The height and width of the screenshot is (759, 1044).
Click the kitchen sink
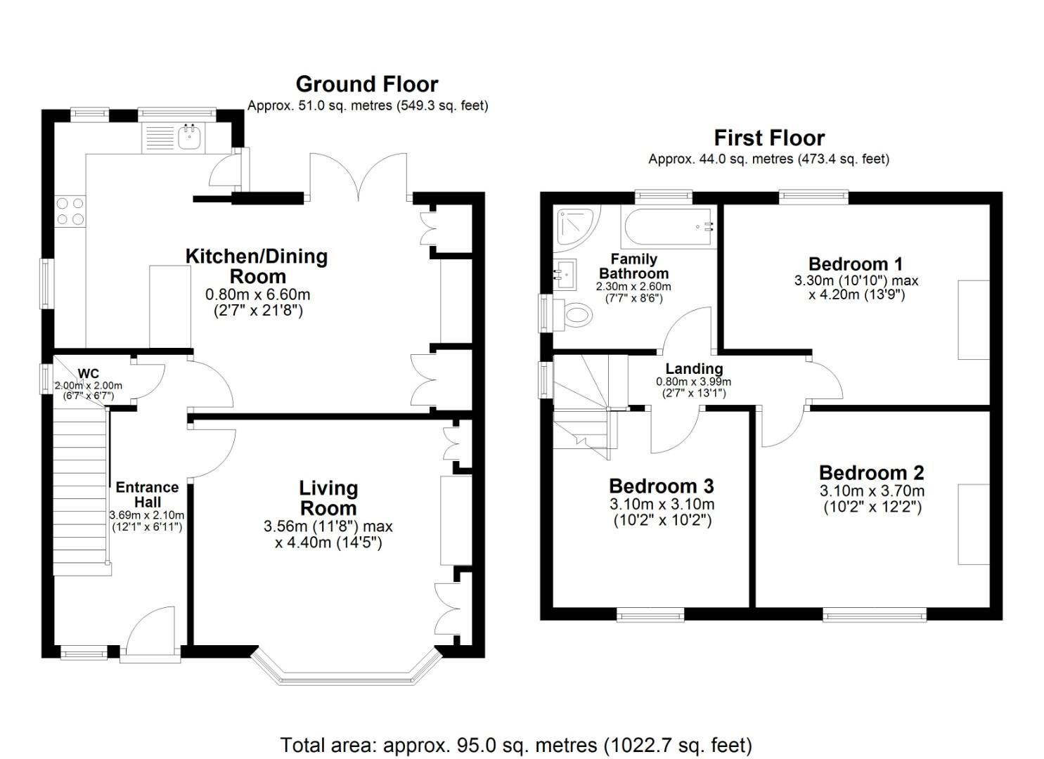click(189, 138)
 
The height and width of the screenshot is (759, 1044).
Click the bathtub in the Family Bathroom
click(669, 227)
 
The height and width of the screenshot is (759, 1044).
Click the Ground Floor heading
click(366, 84)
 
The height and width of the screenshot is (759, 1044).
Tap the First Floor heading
click(769, 138)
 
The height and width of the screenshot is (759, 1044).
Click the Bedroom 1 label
click(856, 264)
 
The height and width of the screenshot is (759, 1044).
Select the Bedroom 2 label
click(871, 472)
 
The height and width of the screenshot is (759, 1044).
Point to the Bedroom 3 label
click(661, 486)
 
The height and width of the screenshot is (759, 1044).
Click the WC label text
click(88, 373)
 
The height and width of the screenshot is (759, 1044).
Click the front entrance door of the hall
click(150, 636)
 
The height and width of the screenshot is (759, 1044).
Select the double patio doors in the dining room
click(359, 176)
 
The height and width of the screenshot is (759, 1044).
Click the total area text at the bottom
click(516, 745)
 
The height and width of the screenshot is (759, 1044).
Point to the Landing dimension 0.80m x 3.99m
click(693, 382)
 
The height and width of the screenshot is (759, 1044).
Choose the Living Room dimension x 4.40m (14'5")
click(328, 543)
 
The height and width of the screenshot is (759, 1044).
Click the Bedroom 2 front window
click(875, 616)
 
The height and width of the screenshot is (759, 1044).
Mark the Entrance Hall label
click(147, 494)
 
